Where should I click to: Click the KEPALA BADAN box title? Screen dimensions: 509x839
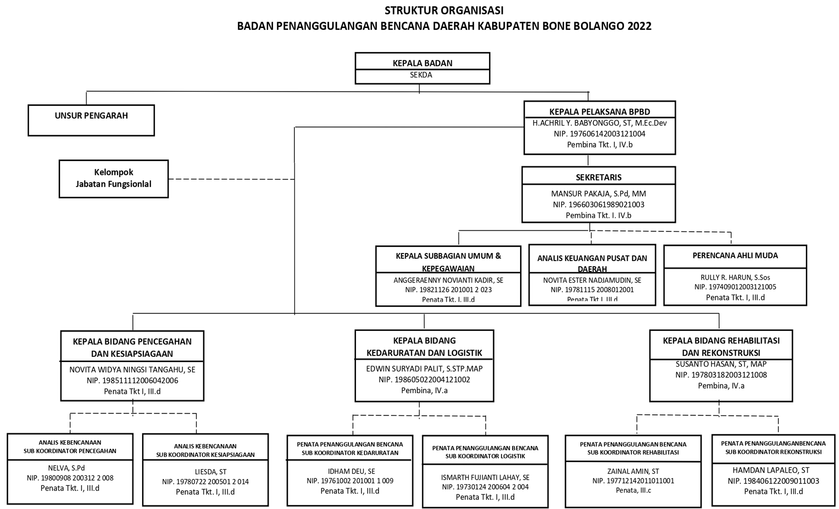(422, 63)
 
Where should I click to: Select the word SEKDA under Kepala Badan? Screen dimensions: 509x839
(421, 75)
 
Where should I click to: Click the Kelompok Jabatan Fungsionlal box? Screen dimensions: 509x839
(113, 178)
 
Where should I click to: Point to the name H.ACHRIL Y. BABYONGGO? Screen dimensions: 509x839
(599, 123)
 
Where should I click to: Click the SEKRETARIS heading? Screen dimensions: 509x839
(598, 177)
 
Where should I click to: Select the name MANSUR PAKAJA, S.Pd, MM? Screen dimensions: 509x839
(598, 194)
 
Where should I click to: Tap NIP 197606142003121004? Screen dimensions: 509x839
(599, 134)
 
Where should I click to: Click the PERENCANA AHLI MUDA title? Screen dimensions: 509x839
(735, 255)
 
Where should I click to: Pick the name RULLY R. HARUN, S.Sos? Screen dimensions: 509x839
(735, 277)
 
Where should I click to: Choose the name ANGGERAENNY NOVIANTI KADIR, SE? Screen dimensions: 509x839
(448, 280)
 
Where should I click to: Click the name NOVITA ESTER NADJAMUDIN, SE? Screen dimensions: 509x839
(592, 280)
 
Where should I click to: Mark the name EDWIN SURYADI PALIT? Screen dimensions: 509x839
(424, 369)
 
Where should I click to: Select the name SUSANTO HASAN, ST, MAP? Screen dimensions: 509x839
(721, 364)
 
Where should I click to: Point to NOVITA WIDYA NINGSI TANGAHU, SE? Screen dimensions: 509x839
(132, 370)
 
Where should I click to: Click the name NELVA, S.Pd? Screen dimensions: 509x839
(66, 468)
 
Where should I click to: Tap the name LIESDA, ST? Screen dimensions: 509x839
(205, 472)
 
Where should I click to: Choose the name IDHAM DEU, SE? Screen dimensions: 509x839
(350, 471)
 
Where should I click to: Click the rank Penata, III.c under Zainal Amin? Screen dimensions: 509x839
(633, 490)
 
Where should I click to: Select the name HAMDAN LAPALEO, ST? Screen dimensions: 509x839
(773, 470)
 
